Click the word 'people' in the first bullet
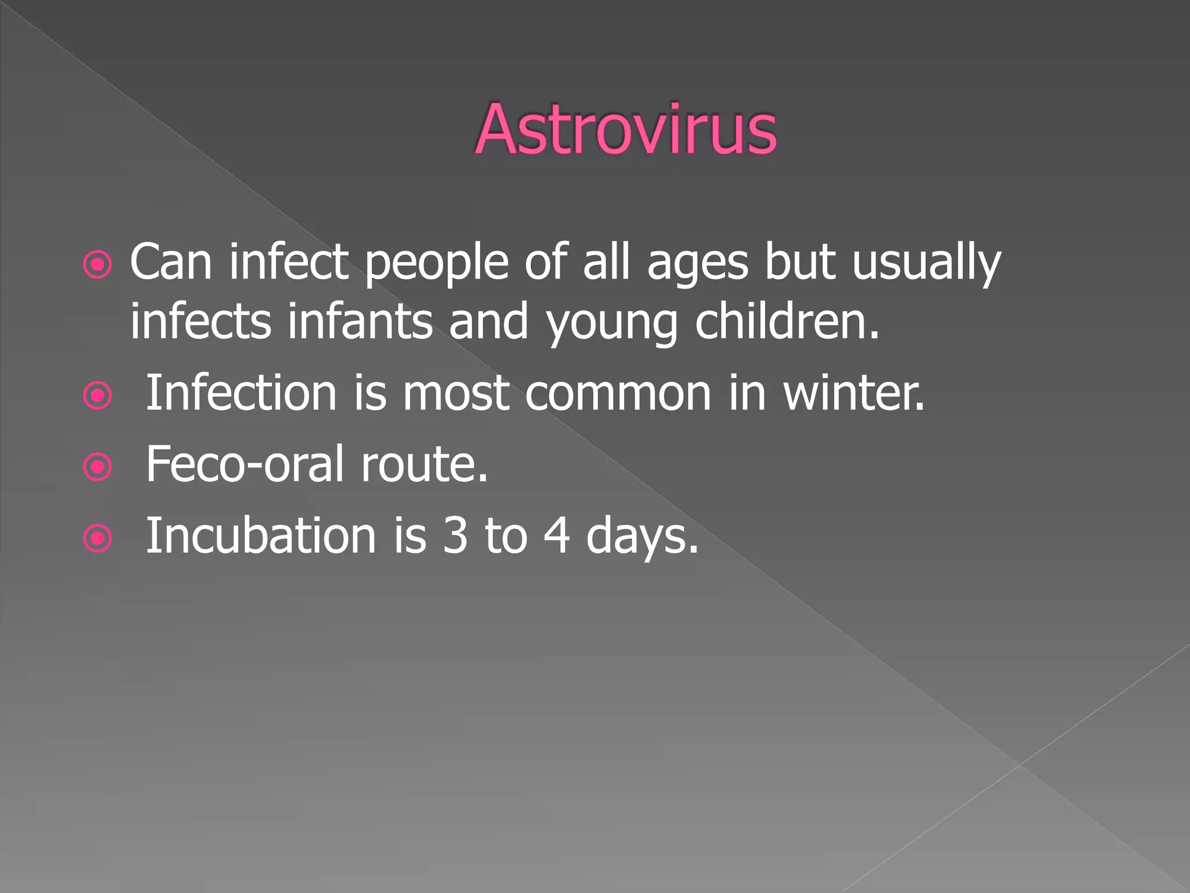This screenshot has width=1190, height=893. (437, 263)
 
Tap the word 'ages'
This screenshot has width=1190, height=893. (697, 263)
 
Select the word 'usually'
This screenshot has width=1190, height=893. (926, 263)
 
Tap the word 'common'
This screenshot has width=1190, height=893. (618, 393)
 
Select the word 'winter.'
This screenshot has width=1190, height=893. (854, 393)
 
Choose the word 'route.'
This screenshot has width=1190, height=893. (424, 464)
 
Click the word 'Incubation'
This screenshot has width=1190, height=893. (261, 535)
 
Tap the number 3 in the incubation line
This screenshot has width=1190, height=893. (455, 535)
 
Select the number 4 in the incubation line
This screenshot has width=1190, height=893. (557, 535)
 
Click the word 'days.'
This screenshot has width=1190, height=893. (642, 535)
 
